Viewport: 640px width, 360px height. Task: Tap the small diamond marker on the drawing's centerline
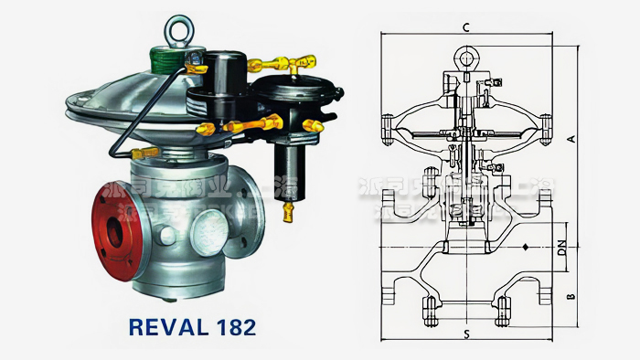point(527,247)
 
